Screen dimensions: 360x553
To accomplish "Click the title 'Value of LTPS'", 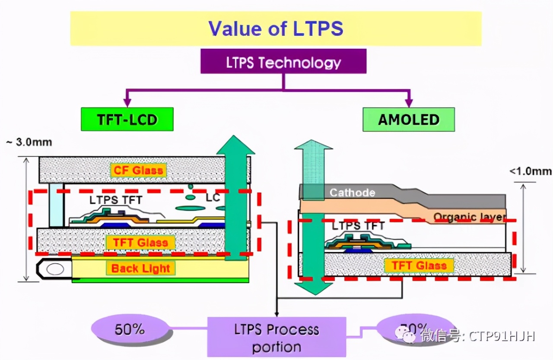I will (276, 28).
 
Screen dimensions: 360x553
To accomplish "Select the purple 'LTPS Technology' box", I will (283, 62).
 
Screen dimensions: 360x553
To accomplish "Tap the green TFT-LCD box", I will (127, 119).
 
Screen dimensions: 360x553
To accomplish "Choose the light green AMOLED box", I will (408, 120).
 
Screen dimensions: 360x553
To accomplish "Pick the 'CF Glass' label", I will (138, 170).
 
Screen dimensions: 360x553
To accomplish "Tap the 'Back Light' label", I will (141, 268).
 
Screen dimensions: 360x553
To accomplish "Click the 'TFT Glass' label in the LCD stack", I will (140, 242).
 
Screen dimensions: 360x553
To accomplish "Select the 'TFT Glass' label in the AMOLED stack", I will (418, 265).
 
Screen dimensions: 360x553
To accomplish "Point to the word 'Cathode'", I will (352, 193).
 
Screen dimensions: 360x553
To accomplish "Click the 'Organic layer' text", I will (469, 217).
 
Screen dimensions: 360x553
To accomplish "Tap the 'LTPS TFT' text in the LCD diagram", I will (116, 200).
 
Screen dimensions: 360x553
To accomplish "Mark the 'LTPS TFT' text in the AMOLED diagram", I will (358, 225).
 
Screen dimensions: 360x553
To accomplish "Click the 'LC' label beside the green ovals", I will (213, 198).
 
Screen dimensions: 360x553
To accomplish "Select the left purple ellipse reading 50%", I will (130, 330).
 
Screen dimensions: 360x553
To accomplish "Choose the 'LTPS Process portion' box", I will (276, 338).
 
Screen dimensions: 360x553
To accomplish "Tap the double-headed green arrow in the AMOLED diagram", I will (313, 216).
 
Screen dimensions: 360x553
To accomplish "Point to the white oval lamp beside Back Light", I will (55, 269).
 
